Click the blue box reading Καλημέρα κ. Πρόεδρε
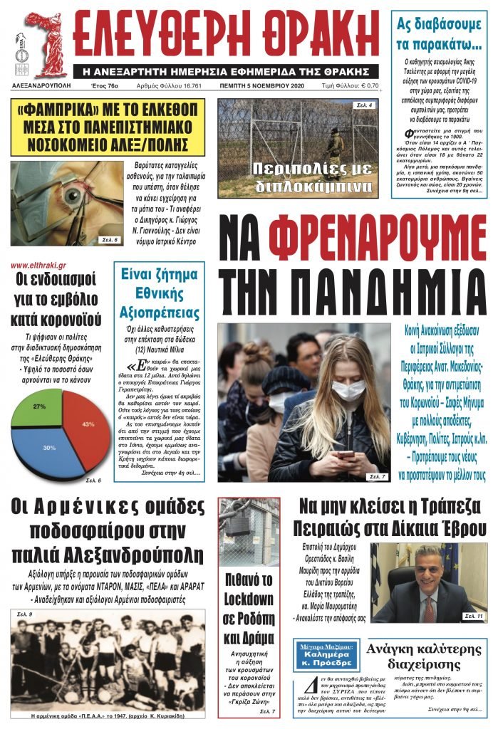pos(326,653)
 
